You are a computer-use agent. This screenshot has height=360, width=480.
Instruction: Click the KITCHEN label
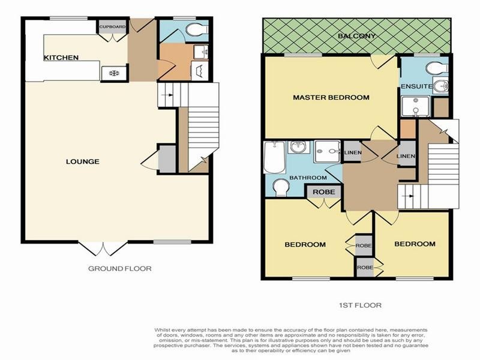(x=61, y=58)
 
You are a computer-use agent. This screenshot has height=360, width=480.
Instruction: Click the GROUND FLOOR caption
(x=120, y=268)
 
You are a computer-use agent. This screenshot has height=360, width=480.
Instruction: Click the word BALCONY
(x=356, y=36)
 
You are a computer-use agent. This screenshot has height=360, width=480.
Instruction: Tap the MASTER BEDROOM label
(x=331, y=97)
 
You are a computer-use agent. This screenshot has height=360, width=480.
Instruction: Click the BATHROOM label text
(x=308, y=178)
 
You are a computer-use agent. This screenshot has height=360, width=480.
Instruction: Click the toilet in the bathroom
(x=280, y=188)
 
